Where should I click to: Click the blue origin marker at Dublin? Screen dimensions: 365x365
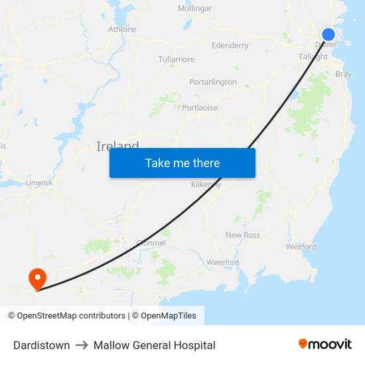coord(328,35)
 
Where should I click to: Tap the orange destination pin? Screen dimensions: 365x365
coord(37,277)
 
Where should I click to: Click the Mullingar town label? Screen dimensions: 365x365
coord(194,9)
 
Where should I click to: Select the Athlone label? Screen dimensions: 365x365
coord(122,29)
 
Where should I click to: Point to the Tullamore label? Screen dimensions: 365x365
coord(177,60)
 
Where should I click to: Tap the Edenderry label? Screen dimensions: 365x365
coord(230,46)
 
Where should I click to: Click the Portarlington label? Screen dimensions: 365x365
coord(212,82)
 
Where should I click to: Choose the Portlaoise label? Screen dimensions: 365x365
coord(200,108)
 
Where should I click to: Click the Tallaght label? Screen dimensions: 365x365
coord(313,57)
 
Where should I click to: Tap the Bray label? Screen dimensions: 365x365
coord(344,75)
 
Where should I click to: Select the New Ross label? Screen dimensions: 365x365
coord(243,235)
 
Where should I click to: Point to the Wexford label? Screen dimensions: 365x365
coord(301,247)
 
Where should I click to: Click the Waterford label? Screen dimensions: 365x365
coord(222,263)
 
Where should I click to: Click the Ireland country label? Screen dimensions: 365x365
coord(117,147)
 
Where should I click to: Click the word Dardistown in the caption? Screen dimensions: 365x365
coord(42,345)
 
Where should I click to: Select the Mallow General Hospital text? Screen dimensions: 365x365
coord(155,345)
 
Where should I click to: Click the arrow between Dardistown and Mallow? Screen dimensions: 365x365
coord(82,345)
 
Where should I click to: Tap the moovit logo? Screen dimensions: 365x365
coord(325,344)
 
